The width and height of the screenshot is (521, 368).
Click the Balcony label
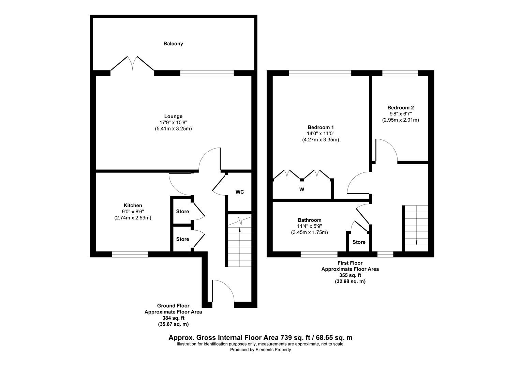coord(173,44)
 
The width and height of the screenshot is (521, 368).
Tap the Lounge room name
coord(173,116)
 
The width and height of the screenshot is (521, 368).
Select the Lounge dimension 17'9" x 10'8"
coord(173,122)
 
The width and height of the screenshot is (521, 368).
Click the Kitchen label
coord(133,205)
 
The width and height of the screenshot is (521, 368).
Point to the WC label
coord(240,192)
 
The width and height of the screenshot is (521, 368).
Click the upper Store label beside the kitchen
coord(182,212)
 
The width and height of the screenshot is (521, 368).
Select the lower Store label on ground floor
coord(182,239)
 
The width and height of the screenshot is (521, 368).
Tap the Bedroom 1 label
coord(321,127)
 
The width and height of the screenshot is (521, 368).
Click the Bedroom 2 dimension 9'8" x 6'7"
coord(400,114)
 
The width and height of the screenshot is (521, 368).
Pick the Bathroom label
coord(309,220)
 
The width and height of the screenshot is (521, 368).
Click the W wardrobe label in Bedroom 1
coord(301,189)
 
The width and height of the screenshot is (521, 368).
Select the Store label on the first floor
coord(359,242)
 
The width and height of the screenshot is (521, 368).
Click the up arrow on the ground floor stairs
coord(240,230)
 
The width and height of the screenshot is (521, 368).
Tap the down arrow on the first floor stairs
coord(416,242)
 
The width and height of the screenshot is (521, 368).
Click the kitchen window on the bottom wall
coord(130,254)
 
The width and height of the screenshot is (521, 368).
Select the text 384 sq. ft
coord(173,318)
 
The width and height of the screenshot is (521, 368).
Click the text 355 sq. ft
coord(350,275)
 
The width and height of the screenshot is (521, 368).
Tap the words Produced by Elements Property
coord(260,350)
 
